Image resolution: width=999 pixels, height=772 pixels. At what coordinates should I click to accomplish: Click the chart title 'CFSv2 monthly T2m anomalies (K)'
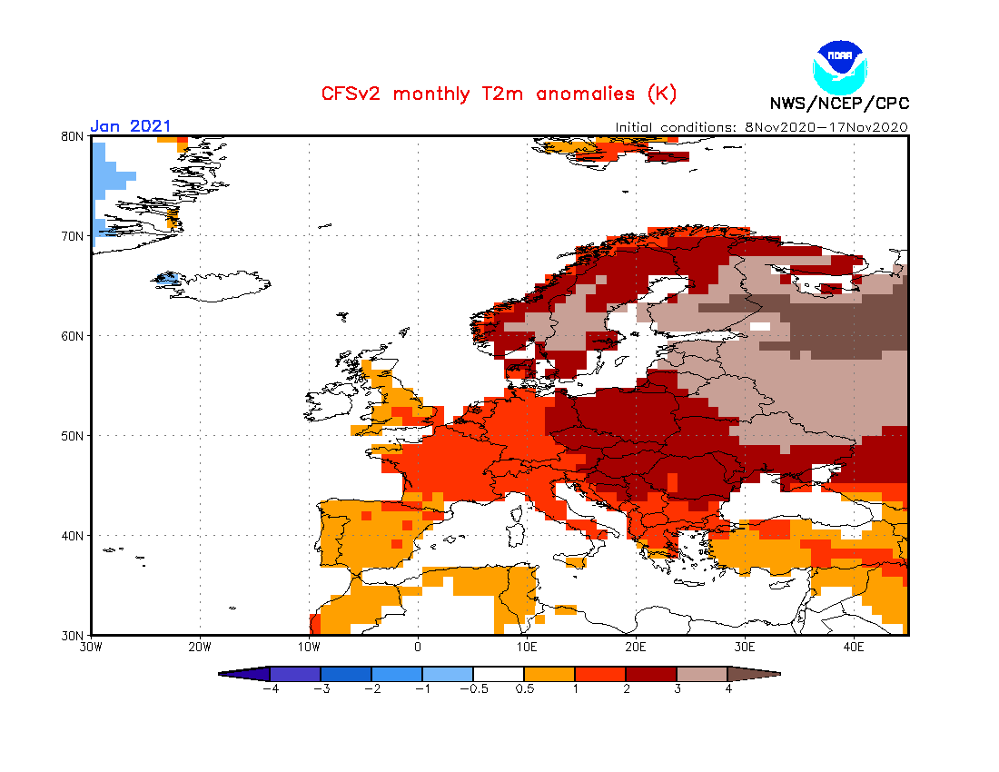(499, 94)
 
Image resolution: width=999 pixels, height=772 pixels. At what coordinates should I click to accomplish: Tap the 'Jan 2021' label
(130, 126)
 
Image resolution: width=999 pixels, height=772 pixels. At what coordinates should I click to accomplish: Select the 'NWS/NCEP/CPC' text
(839, 103)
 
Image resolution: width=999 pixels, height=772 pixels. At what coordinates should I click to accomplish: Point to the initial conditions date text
(761, 127)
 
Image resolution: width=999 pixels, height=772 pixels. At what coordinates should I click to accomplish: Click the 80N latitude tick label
(73, 136)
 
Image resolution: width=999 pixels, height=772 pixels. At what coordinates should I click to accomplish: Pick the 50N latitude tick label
(73, 436)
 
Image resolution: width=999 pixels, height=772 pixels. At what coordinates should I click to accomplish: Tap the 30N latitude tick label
(73, 635)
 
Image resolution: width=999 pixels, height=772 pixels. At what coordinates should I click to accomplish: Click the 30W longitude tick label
(90, 648)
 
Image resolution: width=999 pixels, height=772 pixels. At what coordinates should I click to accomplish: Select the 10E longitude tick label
(527, 648)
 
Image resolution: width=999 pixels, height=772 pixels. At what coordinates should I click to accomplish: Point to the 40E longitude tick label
(854, 648)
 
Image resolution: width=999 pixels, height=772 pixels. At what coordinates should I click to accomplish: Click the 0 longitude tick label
(418, 648)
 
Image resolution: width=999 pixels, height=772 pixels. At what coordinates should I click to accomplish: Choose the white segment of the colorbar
(499, 674)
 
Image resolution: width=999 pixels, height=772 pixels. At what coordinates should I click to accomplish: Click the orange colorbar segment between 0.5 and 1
(549, 674)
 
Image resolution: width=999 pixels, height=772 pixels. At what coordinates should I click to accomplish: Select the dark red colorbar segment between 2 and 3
(651, 674)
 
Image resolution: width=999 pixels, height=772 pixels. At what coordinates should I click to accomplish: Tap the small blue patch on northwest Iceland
(166, 279)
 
